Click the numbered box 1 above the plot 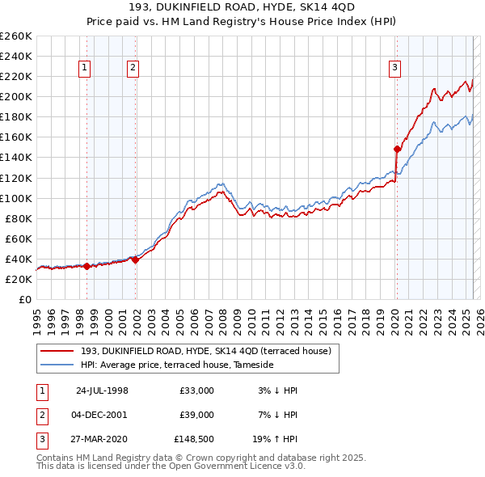point(85,69)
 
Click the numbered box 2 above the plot point(132,69)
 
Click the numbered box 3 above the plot point(395,69)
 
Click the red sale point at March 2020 point(397,149)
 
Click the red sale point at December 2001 point(135,260)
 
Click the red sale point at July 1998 point(86,265)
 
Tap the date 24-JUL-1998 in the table point(102,390)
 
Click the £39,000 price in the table point(196,416)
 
